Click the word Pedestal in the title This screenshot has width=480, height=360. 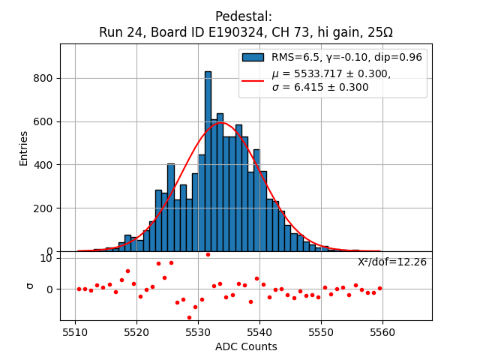243,16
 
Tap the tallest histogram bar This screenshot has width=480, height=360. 208,160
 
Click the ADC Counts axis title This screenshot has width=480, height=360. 246,346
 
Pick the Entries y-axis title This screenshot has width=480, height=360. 24,148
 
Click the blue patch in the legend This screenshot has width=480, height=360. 253,57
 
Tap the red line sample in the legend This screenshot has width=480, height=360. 253,80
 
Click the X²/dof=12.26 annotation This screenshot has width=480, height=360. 391,262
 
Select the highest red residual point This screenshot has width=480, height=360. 208,254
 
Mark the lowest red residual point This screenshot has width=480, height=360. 189,317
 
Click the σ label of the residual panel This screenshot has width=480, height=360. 30,285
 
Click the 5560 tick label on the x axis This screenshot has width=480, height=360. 382,331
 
